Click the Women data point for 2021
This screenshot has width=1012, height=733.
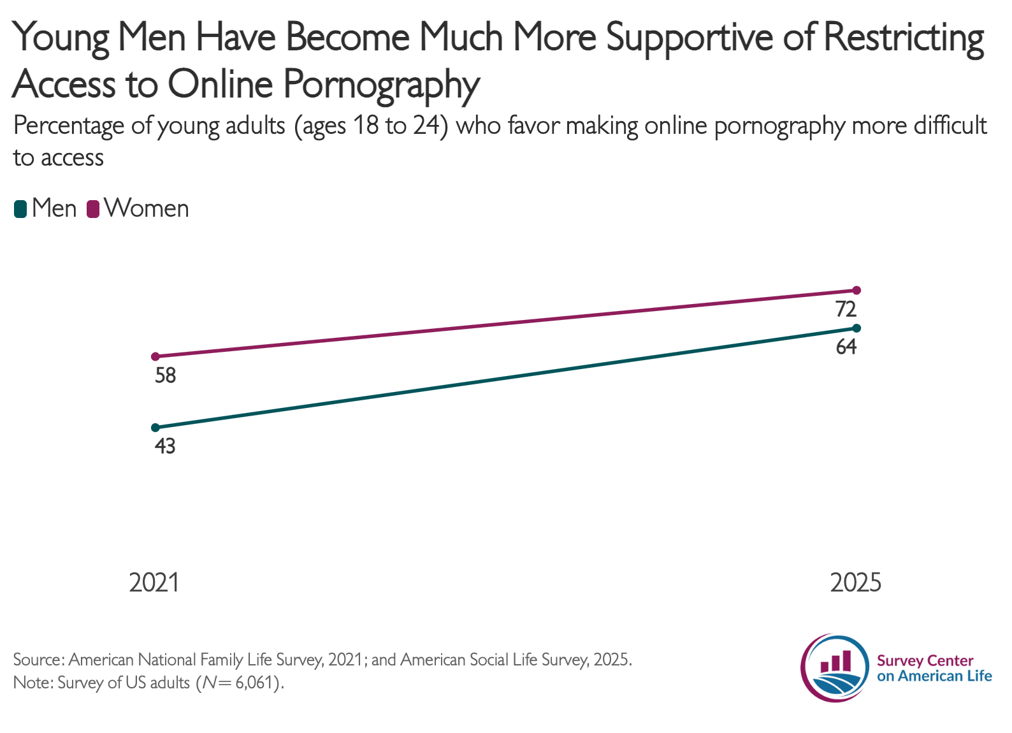[155, 356]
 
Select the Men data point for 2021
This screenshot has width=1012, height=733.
[155, 428]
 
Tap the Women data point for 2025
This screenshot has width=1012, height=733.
[856, 290]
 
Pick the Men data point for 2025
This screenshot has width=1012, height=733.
[856, 328]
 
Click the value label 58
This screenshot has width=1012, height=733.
[165, 375]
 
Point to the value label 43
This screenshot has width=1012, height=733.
[165, 446]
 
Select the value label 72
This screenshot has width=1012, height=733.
[846, 310]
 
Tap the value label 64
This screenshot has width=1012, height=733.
[846, 347]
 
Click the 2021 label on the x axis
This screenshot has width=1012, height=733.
[154, 583]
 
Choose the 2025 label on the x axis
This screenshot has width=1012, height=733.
[856, 583]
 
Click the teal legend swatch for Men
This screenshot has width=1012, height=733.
[20, 209]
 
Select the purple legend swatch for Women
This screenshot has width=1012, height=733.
[93, 209]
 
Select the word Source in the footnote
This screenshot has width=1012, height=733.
[38, 660]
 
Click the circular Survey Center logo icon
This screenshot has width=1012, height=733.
[835, 667]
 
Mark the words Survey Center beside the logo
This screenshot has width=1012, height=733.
[925, 661]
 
